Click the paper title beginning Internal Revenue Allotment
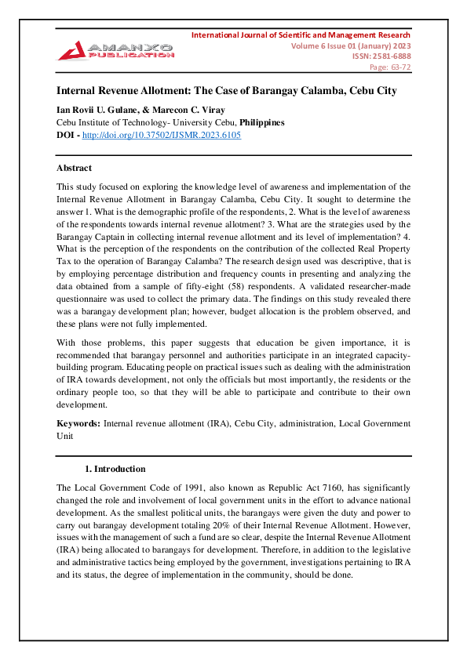coord(227,91)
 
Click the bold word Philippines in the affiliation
coord(261,122)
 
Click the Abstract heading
coord(74,168)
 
